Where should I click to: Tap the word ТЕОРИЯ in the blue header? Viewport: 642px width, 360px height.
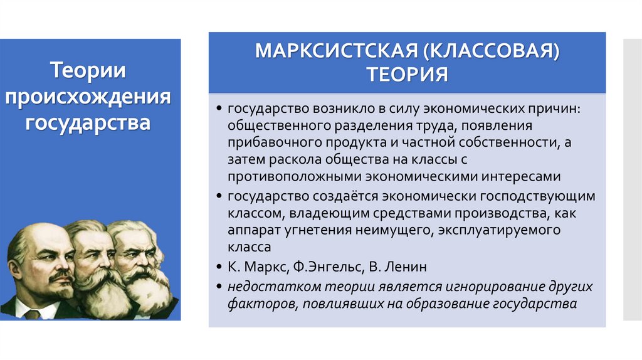(407, 75)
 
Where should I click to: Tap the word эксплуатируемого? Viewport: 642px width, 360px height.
(491, 230)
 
